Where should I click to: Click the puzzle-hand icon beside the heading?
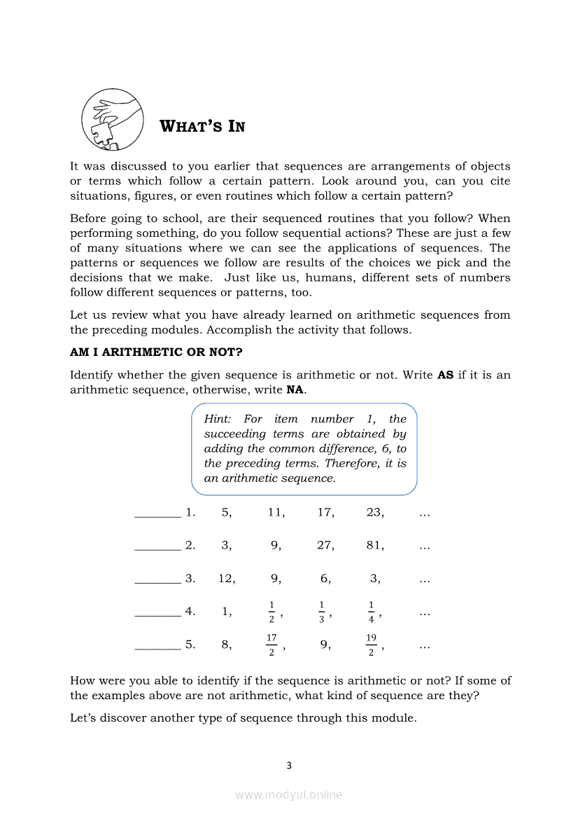pos(112,119)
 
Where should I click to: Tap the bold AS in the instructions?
pos(445,375)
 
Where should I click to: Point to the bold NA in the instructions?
pos(295,390)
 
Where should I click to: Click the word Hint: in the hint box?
pos(217,419)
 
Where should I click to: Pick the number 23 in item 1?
pos(374,513)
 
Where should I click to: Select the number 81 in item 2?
pos(374,546)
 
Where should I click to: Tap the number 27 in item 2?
pos(325,546)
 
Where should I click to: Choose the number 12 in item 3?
pos(226,579)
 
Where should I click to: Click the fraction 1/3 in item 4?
pos(322,612)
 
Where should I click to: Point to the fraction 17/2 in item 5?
pos(272,645)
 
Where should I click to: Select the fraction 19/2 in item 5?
pos(371,645)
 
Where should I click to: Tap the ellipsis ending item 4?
pos(424,613)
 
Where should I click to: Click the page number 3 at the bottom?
pos(289,766)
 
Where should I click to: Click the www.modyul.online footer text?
pos(289,795)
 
